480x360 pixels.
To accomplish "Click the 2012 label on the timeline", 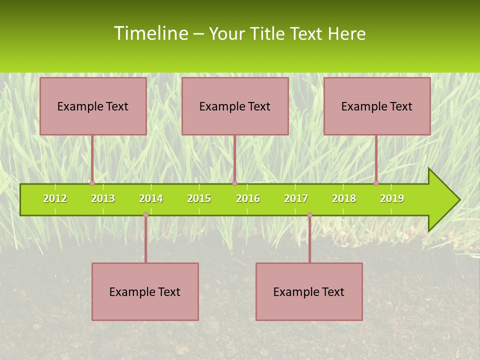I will point(55,198).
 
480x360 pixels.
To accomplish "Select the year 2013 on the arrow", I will point(103,198).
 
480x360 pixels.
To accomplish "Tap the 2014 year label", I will point(151,198).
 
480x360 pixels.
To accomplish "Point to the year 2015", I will point(199,198).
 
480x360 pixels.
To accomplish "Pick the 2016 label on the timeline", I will point(248,198).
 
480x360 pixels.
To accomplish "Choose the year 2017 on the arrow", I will point(296,198).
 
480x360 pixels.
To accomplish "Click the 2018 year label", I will point(344,198).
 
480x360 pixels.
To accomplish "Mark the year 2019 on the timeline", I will point(392,198).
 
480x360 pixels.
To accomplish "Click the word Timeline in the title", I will point(150,33).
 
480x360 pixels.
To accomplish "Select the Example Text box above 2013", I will point(93,106).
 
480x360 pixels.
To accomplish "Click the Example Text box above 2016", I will point(235,106).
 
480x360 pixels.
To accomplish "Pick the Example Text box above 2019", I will point(377,106).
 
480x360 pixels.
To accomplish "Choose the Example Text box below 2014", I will point(145,291).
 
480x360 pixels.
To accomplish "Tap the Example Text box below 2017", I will point(309,291).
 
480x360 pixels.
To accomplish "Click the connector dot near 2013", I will point(92,183).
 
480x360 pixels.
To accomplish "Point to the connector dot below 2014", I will point(145,214).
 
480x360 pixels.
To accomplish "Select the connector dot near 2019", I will point(376,183).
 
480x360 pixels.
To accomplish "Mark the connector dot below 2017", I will point(309,214).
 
